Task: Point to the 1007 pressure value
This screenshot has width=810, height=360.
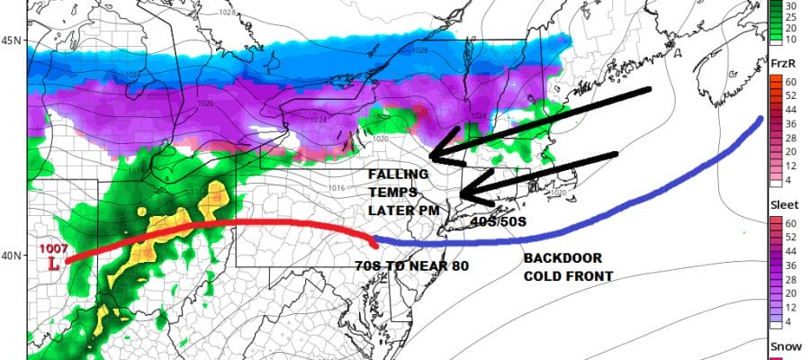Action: click(x=53, y=249)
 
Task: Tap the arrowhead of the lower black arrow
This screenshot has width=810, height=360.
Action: click(x=463, y=194)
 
